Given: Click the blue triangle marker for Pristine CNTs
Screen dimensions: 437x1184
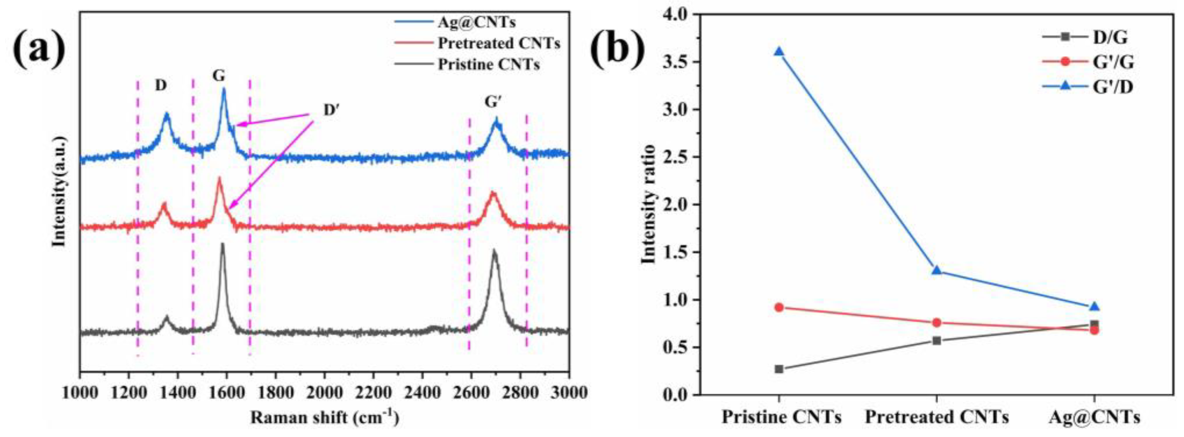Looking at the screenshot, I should click(x=779, y=51).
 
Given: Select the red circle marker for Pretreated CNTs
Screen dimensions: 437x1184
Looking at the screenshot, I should click(x=937, y=323).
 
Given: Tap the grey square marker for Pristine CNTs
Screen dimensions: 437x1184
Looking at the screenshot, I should click(x=779, y=369).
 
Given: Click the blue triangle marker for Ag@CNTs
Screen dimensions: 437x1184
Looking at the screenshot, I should click(x=1095, y=306).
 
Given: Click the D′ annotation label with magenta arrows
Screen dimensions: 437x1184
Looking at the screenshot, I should click(x=330, y=111).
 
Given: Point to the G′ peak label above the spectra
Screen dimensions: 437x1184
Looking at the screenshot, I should click(x=492, y=102).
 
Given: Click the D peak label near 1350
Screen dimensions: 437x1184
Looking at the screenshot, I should click(x=160, y=86).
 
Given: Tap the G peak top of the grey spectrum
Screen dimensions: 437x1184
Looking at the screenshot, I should click(x=223, y=245).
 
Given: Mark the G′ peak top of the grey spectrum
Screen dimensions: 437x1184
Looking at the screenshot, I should click(x=494, y=251).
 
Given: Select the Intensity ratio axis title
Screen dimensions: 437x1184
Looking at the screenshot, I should click(x=648, y=204).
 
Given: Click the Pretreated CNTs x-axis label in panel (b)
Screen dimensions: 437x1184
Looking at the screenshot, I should click(x=937, y=417).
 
